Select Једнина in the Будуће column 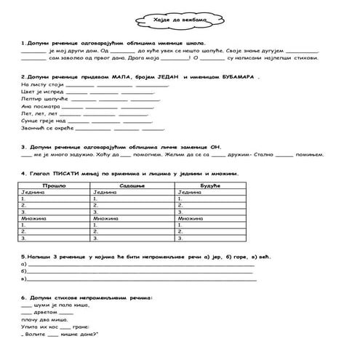click(191, 193)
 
